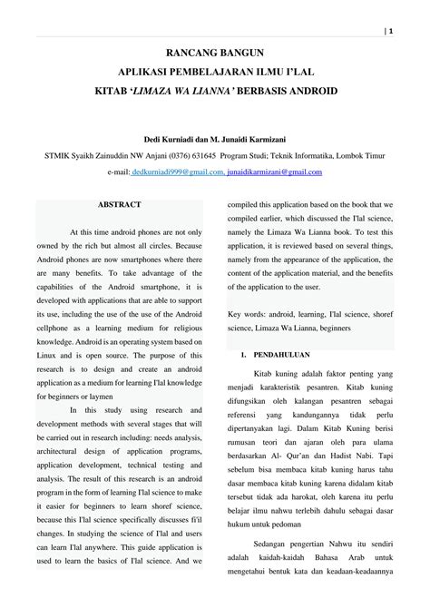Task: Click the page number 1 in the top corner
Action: coord(390,31)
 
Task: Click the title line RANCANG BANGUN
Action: coord(214,54)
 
